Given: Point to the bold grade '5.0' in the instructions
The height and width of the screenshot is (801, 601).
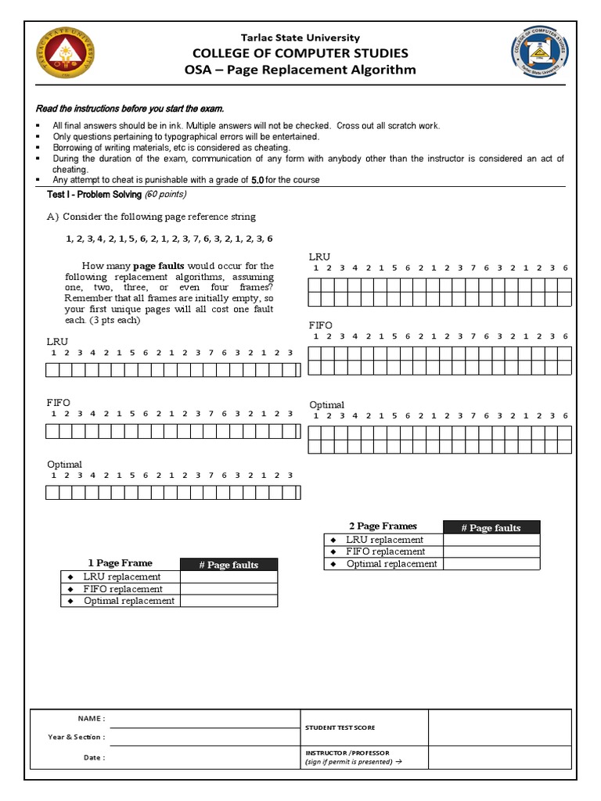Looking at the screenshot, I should (x=257, y=180).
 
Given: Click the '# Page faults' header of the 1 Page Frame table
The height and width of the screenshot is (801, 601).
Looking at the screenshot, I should (x=229, y=565).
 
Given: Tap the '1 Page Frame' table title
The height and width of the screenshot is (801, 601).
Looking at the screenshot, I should (x=120, y=563).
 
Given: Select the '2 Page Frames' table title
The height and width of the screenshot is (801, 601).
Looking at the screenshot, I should (x=383, y=526).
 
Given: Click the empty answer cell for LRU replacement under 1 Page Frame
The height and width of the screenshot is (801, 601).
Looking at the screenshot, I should (x=229, y=577).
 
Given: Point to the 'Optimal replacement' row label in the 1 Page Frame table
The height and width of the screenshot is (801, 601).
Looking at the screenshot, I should (x=128, y=601).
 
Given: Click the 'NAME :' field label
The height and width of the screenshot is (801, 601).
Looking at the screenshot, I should (x=91, y=718).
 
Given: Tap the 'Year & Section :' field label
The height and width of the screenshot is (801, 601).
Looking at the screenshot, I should (x=77, y=737).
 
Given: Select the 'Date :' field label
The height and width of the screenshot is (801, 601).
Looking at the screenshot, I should (x=94, y=757).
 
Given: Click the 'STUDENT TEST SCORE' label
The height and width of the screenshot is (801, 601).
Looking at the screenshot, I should (x=340, y=727).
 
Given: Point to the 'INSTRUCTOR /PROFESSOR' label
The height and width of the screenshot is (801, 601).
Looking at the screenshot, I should (x=347, y=753).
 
